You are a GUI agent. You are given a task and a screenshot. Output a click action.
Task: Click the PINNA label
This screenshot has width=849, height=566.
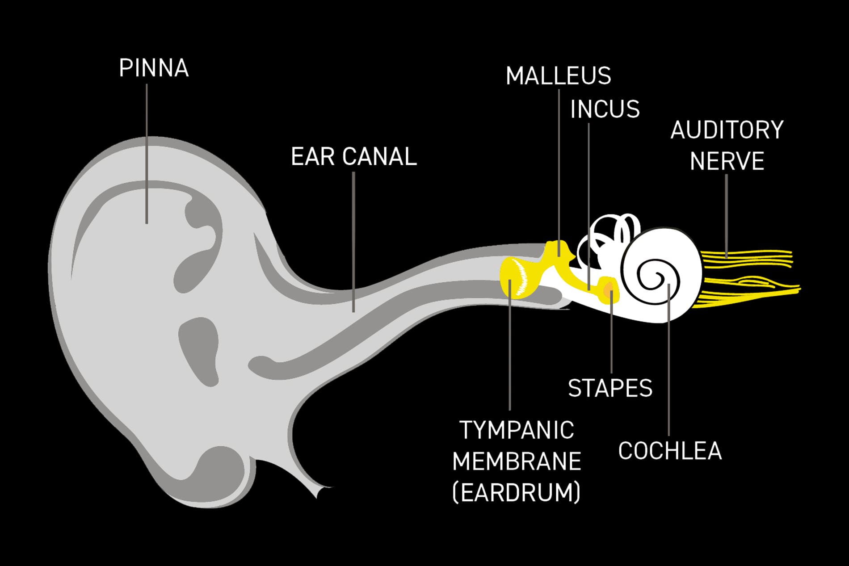tap(154, 68)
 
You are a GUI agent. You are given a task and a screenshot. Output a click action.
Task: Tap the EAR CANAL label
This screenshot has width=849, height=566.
tap(354, 157)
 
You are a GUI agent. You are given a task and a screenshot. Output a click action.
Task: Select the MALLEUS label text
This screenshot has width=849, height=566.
tap(559, 75)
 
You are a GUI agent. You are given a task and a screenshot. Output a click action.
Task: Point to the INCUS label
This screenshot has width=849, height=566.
tap(605, 109)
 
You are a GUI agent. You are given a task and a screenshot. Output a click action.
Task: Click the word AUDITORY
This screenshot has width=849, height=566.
tap(727, 130)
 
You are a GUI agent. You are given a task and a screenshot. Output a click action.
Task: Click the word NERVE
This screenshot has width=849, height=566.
tap(727, 161)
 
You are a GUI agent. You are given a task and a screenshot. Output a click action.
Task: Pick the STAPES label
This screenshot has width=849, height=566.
tap(610, 388)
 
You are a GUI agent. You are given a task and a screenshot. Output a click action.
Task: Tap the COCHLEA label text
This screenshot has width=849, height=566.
tap(670, 451)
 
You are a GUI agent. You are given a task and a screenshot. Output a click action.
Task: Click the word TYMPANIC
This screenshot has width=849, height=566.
tap(517, 430)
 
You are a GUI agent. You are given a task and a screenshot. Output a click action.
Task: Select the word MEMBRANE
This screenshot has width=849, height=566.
tap(517, 461)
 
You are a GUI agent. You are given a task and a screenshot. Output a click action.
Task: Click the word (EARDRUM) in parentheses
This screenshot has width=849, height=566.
tap(517, 492)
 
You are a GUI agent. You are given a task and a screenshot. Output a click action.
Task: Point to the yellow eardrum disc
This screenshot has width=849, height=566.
tap(518, 277)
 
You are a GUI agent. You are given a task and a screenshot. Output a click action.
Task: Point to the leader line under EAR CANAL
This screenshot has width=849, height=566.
tap(353, 242)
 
